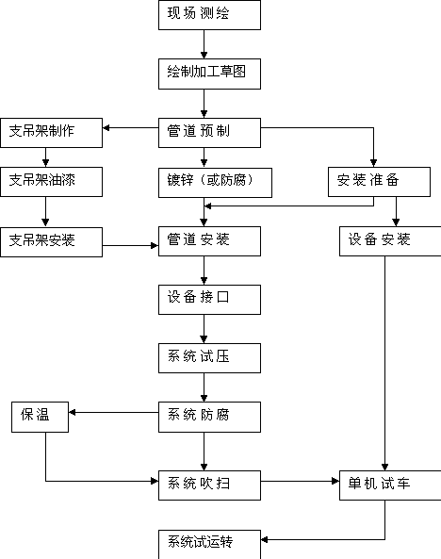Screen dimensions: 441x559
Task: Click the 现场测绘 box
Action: click(x=209, y=15)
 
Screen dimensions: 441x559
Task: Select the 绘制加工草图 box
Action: click(x=209, y=74)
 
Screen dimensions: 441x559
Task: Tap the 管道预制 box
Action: click(x=209, y=133)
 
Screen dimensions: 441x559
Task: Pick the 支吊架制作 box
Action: click(x=51, y=133)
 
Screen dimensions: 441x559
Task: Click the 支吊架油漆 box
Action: click(x=51, y=182)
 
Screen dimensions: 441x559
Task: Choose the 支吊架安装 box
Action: click(x=51, y=242)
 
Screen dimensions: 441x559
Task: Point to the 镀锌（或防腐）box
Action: click(x=216, y=183)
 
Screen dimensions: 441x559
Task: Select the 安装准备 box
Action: click(x=380, y=182)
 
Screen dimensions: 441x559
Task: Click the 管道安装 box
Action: click(x=209, y=241)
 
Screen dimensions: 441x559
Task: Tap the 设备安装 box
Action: click(x=390, y=241)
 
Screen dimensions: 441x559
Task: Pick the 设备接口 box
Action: click(x=209, y=300)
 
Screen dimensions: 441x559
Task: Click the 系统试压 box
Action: click(x=209, y=358)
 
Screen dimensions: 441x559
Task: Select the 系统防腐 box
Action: click(x=209, y=417)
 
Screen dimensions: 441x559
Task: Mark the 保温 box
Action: click(x=40, y=417)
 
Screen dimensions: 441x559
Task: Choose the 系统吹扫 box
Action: click(x=209, y=485)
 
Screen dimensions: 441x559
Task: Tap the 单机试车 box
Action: click(x=390, y=485)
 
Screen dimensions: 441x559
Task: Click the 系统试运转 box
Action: click(x=209, y=544)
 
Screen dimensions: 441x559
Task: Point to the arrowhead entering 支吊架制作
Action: click(x=106, y=127)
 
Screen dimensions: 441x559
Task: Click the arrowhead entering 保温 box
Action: click(x=72, y=412)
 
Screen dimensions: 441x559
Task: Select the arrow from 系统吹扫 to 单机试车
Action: click(x=301, y=482)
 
